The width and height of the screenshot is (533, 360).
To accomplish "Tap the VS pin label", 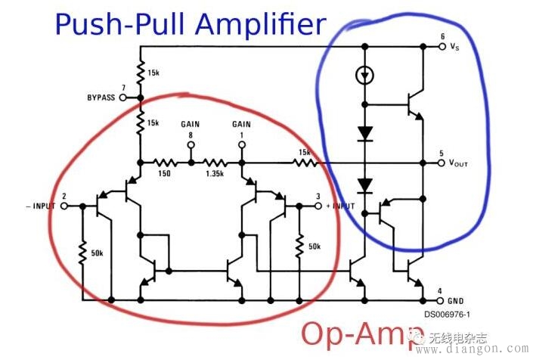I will click(454, 47).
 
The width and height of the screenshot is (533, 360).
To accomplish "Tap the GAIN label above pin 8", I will click(191, 123).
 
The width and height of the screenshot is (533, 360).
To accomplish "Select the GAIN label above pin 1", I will click(242, 123).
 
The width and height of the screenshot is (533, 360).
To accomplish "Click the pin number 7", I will click(123, 88).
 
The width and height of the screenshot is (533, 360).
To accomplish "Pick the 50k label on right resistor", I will click(315, 246).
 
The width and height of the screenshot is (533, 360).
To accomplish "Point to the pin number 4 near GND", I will click(441, 290).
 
